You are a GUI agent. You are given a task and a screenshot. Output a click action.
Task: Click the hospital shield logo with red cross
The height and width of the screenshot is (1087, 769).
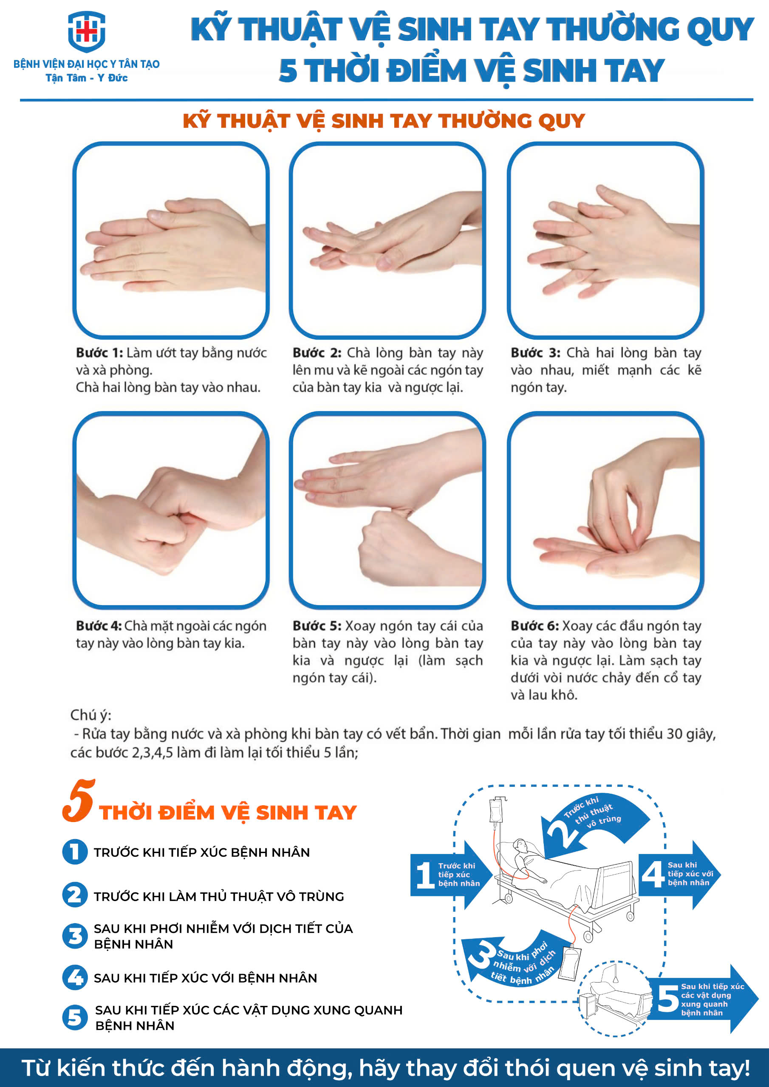pyautogui.click(x=86, y=31)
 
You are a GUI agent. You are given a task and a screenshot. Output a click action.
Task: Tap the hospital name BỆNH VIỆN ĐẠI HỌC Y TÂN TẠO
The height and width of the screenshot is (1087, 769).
pyautogui.click(x=86, y=64)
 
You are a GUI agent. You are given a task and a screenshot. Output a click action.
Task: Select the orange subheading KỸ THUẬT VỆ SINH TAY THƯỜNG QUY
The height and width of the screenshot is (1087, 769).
pyautogui.click(x=384, y=121)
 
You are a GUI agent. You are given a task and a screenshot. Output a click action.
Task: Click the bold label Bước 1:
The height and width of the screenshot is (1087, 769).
pyautogui.click(x=99, y=353)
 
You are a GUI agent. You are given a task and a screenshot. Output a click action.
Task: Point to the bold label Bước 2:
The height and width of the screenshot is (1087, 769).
pyautogui.click(x=317, y=353)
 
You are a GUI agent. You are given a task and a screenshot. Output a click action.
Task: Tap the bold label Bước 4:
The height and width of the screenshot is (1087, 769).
pyautogui.click(x=99, y=626)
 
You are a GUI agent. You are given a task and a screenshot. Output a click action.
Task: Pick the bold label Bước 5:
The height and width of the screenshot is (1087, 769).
pyautogui.click(x=317, y=626)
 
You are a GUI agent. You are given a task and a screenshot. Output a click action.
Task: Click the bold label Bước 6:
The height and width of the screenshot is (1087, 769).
pyautogui.click(x=535, y=626)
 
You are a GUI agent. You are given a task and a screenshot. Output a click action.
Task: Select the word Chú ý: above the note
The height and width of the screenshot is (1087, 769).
pyautogui.click(x=90, y=715)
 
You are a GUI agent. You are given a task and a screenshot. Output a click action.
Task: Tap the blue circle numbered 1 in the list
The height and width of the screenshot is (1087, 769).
pyautogui.click(x=75, y=852)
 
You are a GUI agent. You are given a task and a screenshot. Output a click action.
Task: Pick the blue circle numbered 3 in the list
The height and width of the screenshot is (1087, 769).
pyautogui.click(x=75, y=936)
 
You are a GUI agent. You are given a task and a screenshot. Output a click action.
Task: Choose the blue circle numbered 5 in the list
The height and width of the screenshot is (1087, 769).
pyautogui.click(x=75, y=1017)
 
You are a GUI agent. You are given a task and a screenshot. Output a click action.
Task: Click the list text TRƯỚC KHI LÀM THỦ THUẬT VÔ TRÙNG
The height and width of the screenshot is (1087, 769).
pyautogui.click(x=219, y=897)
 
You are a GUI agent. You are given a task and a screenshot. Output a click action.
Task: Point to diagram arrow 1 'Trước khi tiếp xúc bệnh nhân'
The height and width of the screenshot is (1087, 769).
pyautogui.click(x=450, y=875)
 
